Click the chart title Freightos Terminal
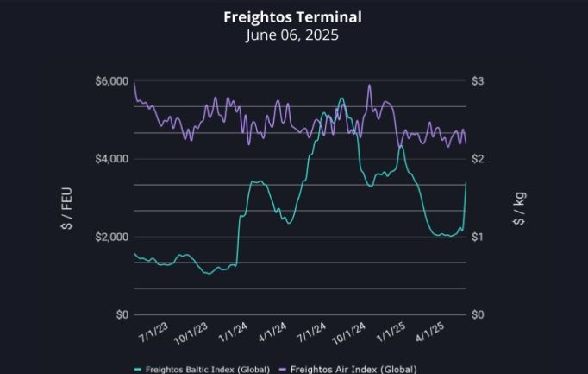click(x=292, y=17)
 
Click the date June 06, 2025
click(x=292, y=35)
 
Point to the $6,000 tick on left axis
click(x=113, y=81)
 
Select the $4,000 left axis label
click(x=113, y=159)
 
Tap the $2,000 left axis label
click(x=113, y=237)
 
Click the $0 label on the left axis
click(x=122, y=314)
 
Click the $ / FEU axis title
click(x=66, y=198)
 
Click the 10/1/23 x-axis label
click(x=193, y=331)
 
